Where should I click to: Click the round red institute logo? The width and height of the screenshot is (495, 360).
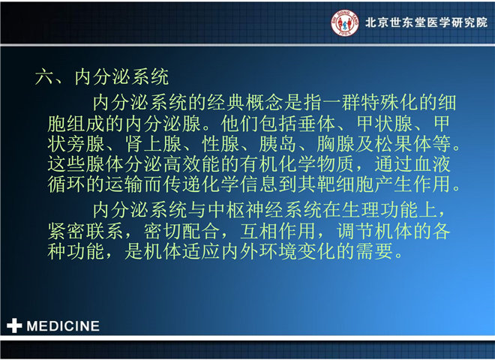point(345,23)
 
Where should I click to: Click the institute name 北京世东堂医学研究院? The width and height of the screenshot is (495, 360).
point(427,22)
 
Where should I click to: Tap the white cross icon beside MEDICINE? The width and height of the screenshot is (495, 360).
point(14,325)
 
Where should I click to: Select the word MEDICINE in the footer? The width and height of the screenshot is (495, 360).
point(63,326)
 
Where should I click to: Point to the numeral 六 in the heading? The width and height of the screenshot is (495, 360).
point(44,77)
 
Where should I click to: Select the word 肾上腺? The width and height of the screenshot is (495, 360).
point(154,144)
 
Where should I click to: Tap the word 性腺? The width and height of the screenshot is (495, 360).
point(220,144)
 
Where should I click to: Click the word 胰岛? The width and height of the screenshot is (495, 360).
point(278,144)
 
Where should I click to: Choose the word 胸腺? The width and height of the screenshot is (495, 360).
point(335,144)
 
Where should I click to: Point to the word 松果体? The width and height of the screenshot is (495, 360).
point(403,144)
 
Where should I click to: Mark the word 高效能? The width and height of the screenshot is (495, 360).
point(192,164)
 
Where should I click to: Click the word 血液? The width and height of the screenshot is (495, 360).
point(432,164)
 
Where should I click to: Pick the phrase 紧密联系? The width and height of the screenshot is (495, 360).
point(85,231)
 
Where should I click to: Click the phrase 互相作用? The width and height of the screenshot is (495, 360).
point(278,231)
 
